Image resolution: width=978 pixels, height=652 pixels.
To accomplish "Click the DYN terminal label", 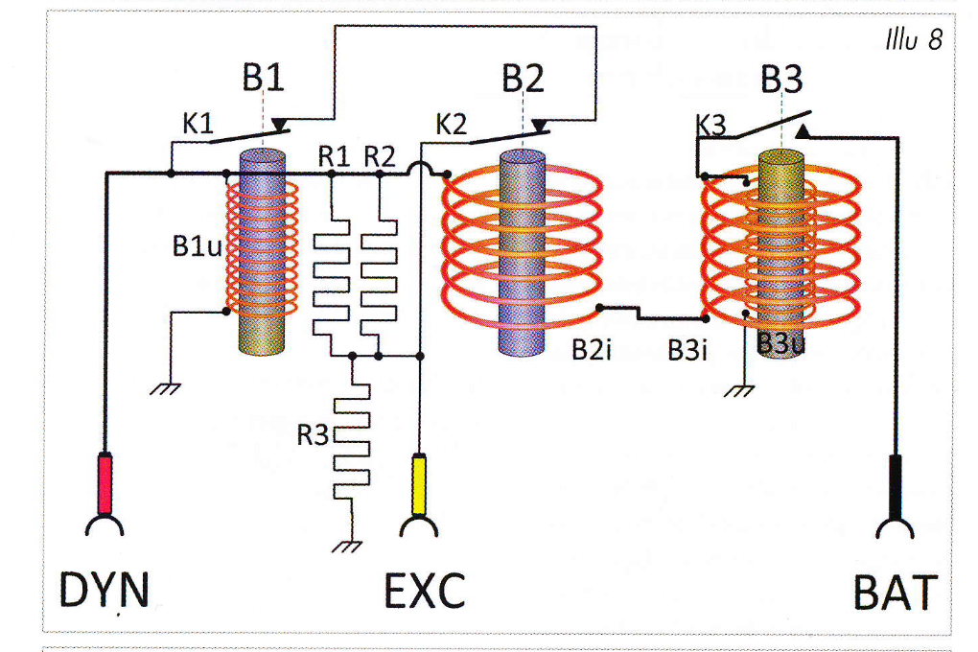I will (x=104, y=591).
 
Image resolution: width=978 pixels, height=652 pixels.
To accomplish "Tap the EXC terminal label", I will (x=425, y=591).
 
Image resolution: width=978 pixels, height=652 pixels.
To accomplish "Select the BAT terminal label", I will (x=894, y=593).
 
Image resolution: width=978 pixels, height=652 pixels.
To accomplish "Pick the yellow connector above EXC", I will (x=419, y=484).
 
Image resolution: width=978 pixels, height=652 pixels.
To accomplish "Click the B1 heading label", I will (x=263, y=79).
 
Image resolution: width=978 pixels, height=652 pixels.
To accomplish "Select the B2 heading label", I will (x=523, y=79).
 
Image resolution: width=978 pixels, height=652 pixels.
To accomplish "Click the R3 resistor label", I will (x=313, y=434).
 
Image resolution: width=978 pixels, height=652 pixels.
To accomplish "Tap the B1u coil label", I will (x=198, y=246).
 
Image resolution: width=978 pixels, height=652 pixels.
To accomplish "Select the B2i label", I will (x=591, y=350).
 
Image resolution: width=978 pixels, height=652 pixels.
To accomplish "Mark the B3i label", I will (x=687, y=350).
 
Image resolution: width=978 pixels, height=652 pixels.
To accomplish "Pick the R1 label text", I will (x=335, y=156).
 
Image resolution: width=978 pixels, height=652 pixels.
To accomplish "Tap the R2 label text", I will (x=379, y=156).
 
